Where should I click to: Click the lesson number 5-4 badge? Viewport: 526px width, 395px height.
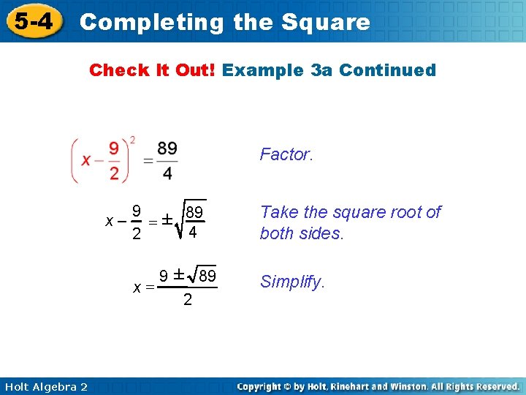34,20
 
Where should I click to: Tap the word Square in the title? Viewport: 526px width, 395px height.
330,22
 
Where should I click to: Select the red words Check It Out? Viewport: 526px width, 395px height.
152,70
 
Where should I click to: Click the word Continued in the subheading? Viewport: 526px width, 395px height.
387,70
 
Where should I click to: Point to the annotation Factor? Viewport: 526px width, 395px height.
286,154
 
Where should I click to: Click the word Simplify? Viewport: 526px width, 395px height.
292,282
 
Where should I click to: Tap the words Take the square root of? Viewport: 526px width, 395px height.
351,212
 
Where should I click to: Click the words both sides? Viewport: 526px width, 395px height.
302,233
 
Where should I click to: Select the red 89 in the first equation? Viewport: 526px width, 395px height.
167,149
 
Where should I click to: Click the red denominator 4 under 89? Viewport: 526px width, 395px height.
167,173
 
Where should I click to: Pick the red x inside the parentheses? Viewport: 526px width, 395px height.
86,159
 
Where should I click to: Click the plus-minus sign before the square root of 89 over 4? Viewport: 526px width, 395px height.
167,220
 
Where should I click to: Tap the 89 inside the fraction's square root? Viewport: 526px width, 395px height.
194,213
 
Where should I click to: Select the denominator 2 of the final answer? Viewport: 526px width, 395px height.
188,300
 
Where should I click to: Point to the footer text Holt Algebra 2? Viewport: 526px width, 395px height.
44,386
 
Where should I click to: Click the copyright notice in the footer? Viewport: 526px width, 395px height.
378,385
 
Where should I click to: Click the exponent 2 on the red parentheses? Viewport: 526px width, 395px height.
132,140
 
